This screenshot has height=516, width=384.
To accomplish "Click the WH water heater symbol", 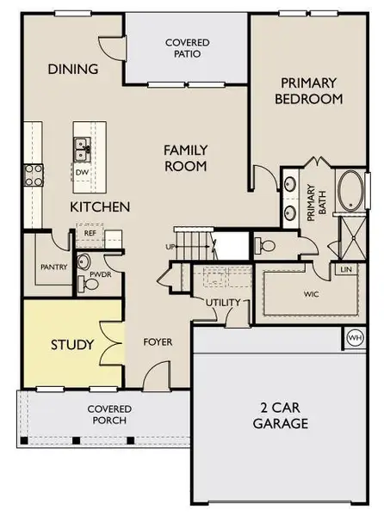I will pyautogui.click(x=354, y=337).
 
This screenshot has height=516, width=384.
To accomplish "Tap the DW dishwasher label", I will pyautogui.click(x=83, y=172).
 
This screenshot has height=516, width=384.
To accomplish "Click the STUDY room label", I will pyautogui.click(x=72, y=346).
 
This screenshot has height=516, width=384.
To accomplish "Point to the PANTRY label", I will pyautogui.click(x=53, y=267).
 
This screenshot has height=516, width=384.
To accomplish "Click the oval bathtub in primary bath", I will pyautogui.click(x=350, y=191).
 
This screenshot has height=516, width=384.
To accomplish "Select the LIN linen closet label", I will pyautogui.click(x=346, y=270).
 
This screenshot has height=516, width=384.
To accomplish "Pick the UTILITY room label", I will pyautogui.click(x=222, y=302).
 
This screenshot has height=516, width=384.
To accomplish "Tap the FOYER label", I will pyautogui.click(x=158, y=341).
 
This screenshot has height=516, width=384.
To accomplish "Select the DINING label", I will pyautogui.click(x=72, y=70).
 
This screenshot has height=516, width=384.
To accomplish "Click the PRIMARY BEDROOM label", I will pyautogui.click(x=308, y=90).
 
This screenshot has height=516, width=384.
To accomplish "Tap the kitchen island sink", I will pyautogui.click(x=83, y=148).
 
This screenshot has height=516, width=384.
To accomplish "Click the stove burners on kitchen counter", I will pyautogui.click(x=33, y=175).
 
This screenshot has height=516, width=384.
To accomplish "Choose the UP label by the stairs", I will pyautogui.click(x=170, y=248).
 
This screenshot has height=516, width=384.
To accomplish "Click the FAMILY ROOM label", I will pyautogui.click(x=186, y=157).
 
